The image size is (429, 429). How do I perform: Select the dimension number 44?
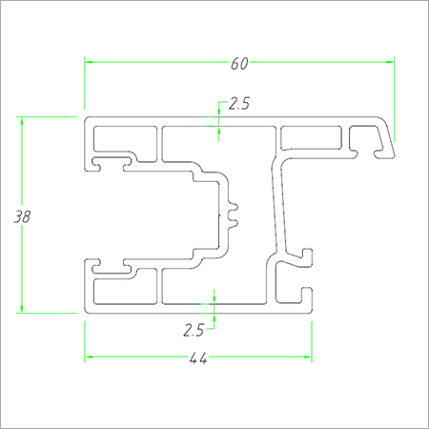click(x=198, y=358)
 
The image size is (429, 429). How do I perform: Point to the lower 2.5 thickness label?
click(x=194, y=330)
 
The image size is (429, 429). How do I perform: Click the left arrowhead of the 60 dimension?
click(x=89, y=60)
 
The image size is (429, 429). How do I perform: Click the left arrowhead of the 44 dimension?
click(x=89, y=357)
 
